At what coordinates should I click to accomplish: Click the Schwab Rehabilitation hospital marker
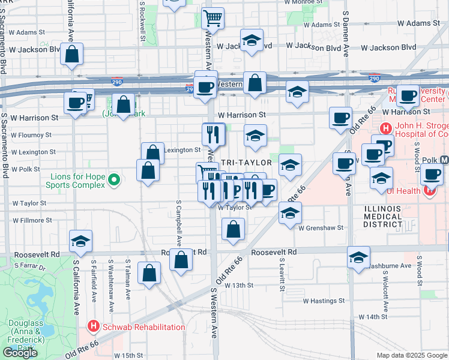[x=94, y=327]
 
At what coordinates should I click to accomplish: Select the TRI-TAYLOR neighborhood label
[x=246, y=163]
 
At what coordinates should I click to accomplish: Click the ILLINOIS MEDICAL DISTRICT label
[x=383, y=216]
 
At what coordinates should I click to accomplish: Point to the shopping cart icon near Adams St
[x=213, y=19]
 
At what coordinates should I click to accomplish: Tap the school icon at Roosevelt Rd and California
[x=80, y=241]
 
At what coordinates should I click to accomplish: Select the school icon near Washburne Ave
[x=358, y=257]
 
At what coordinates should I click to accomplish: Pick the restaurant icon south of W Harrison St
[x=213, y=134]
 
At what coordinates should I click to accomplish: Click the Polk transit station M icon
[x=445, y=160]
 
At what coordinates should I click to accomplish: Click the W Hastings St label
[x=324, y=301]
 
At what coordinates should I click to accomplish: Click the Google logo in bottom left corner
[x=20, y=353]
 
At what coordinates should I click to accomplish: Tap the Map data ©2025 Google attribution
[x=411, y=355]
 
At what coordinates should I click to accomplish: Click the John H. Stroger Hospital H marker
[x=385, y=128]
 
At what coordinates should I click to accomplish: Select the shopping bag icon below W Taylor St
[x=234, y=230]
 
